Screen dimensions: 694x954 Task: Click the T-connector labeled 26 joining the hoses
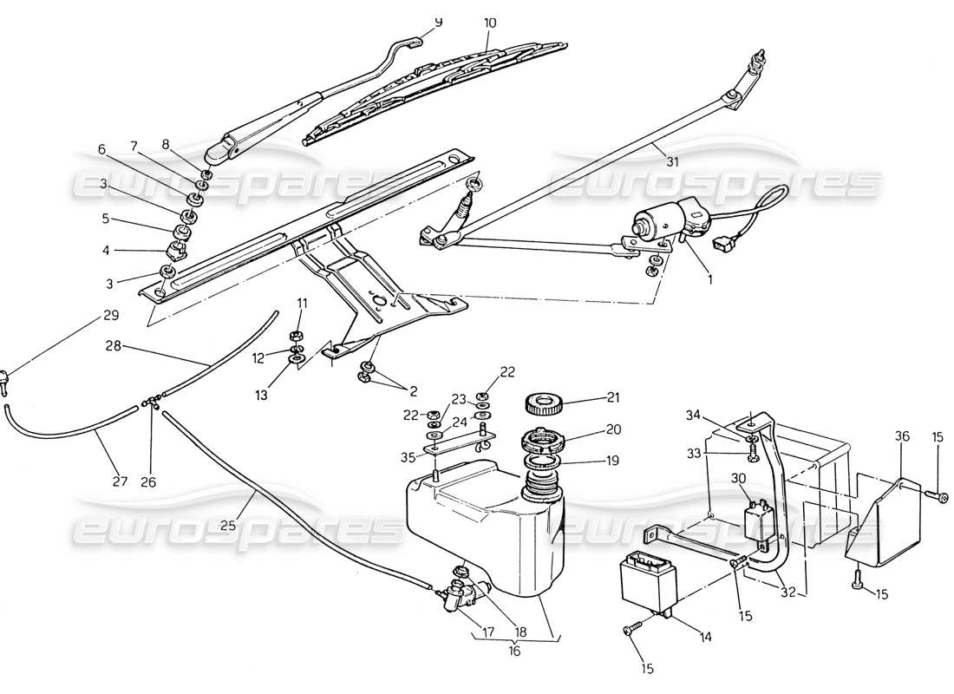click(151, 402)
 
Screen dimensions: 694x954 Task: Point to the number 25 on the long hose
click(228, 524)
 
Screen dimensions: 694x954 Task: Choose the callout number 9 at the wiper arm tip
click(438, 22)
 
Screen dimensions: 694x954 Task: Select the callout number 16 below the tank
click(514, 651)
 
